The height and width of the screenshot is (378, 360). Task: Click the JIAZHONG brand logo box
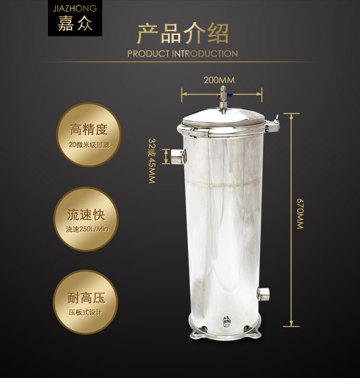[x=75, y=18]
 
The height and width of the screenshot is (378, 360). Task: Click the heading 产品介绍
[x=183, y=33]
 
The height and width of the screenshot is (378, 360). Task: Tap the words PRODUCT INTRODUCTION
[x=183, y=54]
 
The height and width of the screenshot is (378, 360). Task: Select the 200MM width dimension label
[x=219, y=80]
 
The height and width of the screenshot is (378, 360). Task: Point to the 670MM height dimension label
[x=300, y=213]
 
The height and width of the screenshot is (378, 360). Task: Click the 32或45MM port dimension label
[x=152, y=161]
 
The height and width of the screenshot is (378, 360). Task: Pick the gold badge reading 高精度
[x=88, y=135]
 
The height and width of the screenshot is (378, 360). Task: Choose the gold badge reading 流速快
[x=86, y=219]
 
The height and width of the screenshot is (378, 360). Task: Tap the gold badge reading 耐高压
[x=85, y=302]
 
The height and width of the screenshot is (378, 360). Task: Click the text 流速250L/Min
[x=87, y=229]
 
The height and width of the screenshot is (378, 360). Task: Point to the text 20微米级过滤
[x=89, y=145]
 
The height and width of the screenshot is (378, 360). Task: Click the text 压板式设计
[x=85, y=312]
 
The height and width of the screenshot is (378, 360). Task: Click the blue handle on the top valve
[x=230, y=95]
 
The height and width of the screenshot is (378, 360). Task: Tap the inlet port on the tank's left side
[x=179, y=156]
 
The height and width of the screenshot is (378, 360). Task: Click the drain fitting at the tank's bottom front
[x=226, y=322]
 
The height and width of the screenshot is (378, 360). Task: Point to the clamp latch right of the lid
[x=273, y=124]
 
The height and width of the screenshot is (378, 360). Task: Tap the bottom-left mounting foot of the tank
[x=195, y=334]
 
